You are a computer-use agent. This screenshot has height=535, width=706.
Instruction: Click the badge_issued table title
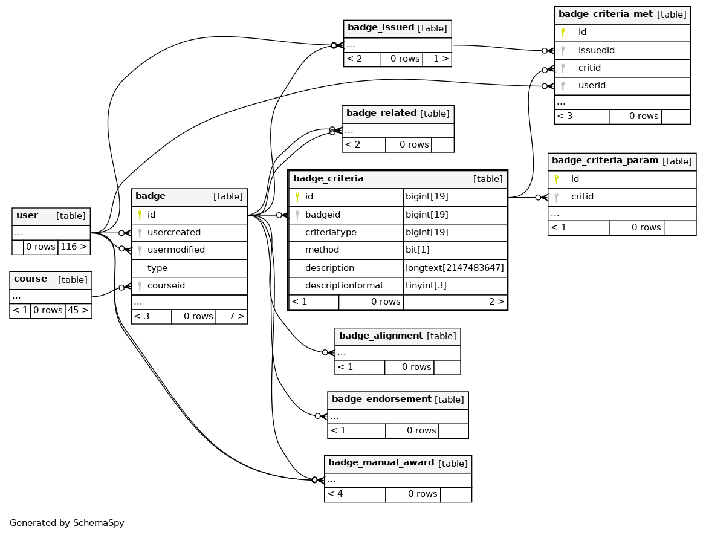coord(380,28)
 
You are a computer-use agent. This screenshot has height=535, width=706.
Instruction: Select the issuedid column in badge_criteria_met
coord(596,50)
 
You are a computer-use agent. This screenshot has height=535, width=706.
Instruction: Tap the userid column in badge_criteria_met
coord(592,85)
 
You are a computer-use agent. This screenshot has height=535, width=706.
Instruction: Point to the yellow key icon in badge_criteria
coord(297,197)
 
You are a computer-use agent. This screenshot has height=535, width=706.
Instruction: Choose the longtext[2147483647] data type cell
coord(455,267)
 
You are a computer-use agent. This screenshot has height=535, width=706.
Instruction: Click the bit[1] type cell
coord(418,250)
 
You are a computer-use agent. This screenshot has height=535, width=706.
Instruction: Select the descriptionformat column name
coord(344,285)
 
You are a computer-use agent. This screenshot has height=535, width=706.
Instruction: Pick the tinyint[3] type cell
coord(426,285)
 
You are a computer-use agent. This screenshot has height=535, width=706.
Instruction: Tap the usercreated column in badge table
coord(174,232)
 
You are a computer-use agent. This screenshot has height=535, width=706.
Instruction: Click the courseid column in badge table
coord(166,285)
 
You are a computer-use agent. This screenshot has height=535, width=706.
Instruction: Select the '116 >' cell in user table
coord(74,247)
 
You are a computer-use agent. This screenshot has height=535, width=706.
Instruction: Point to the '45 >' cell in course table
coord(79,310)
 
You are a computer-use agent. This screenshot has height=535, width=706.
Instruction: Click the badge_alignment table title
coord(381,336)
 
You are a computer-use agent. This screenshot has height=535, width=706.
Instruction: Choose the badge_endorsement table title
coord(381,400)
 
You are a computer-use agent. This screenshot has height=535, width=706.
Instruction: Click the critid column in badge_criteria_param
coord(581,196)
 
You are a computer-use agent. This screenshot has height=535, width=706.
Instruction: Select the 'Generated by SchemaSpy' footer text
coord(66,523)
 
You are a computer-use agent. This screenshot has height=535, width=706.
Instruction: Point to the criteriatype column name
coord(331,232)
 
